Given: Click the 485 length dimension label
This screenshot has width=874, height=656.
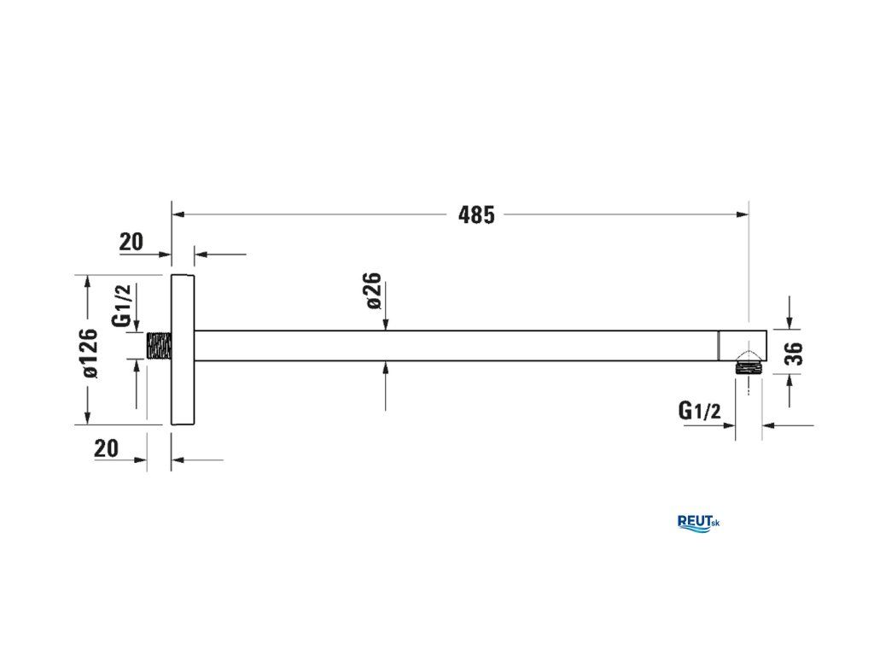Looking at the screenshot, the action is coord(476,214).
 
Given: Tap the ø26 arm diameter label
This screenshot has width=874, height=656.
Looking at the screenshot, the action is coord(374,290).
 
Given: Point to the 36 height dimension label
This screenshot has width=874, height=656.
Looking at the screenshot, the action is coord(795,354).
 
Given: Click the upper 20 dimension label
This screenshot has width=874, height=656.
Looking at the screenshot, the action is coord(131,242).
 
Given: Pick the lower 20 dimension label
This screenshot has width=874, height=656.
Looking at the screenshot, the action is coord(107,448).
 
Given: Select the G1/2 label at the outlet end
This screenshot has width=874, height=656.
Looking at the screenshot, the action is coord(699,411).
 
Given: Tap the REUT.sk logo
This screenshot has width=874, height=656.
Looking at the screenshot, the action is coord(698,524).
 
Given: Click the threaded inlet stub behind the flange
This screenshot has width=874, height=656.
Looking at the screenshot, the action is coord(160,346).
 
